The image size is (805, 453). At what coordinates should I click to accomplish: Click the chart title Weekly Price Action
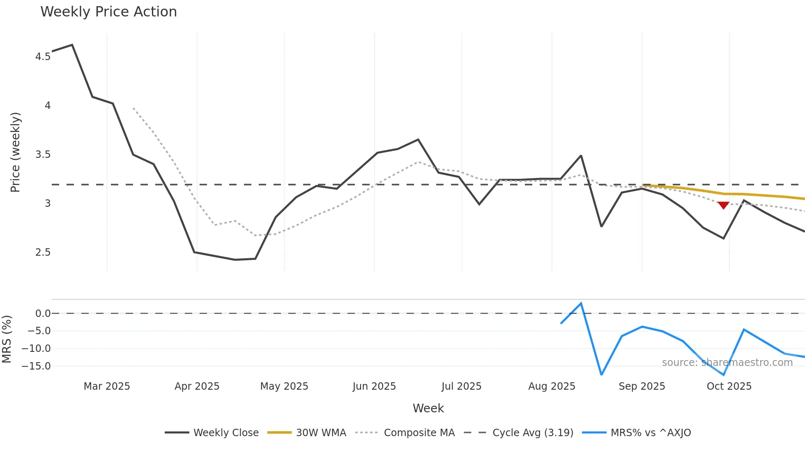click(108, 12)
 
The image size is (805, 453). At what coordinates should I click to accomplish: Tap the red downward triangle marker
click(723, 205)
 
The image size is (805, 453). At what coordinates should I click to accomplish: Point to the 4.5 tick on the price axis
click(43, 57)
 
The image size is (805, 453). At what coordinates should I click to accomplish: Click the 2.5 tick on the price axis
click(43, 252)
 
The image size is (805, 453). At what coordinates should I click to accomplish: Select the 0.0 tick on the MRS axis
click(43, 314)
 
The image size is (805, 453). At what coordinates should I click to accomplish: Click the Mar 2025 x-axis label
click(107, 386)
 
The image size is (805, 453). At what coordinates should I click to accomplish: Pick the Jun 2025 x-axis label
click(374, 386)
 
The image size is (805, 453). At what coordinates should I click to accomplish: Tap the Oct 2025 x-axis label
click(729, 386)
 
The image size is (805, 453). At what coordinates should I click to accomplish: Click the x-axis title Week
click(428, 408)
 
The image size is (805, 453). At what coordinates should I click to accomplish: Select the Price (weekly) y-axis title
click(15, 152)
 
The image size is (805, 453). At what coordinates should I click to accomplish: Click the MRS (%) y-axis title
click(7, 339)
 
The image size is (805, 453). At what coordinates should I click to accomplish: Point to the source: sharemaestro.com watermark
click(727, 363)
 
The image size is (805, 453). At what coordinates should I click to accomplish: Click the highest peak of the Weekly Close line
click(72, 45)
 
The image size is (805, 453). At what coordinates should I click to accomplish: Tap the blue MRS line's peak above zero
click(581, 303)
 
